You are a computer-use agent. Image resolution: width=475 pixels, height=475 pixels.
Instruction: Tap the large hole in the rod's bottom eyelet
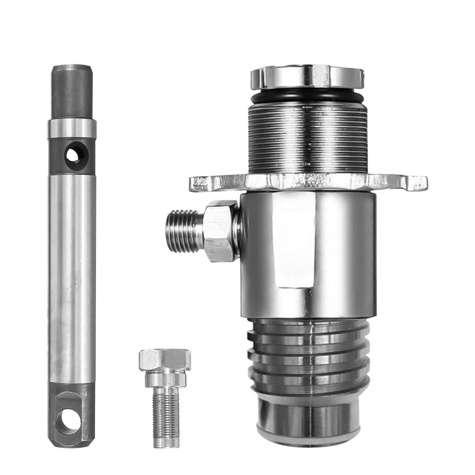[x=70, y=421]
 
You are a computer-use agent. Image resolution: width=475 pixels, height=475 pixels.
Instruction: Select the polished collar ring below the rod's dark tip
[x=72, y=128]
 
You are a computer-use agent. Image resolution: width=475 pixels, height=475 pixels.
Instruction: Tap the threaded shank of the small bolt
[x=165, y=418]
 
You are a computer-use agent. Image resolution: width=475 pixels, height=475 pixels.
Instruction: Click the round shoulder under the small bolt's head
[x=165, y=378]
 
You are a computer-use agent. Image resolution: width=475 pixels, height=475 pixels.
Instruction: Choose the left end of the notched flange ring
[x=198, y=183]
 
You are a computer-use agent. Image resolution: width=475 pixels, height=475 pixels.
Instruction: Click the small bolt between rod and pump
[x=165, y=396]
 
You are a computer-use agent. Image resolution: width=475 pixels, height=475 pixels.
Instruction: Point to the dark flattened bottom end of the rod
[x=70, y=416]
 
